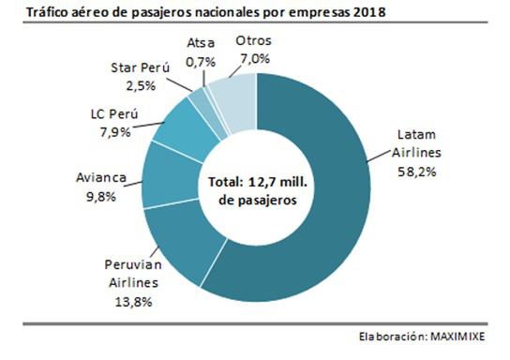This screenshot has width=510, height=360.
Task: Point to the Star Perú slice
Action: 199,99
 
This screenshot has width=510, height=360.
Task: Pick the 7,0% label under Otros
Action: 254,58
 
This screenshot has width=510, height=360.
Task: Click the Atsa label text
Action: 201,42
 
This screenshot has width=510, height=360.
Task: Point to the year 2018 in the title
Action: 372,13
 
